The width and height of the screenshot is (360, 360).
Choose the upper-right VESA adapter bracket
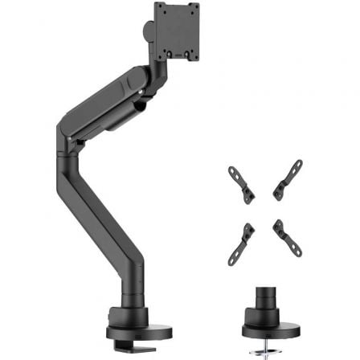coord(288,179)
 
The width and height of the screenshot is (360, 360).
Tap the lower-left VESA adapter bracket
coord(240,238)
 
